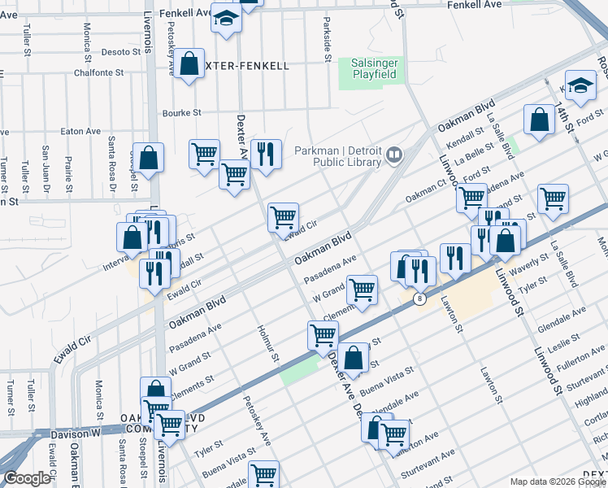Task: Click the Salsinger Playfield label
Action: point(373,68)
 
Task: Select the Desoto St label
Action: point(121,52)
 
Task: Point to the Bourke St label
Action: point(181,113)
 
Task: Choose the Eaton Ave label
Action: point(80,131)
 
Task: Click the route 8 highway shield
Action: point(419,298)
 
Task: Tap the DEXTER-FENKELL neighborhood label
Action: point(247,65)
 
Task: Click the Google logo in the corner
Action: point(26,478)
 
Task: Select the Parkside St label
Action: point(327,39)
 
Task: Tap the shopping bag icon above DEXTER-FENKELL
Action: point(189,65)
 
